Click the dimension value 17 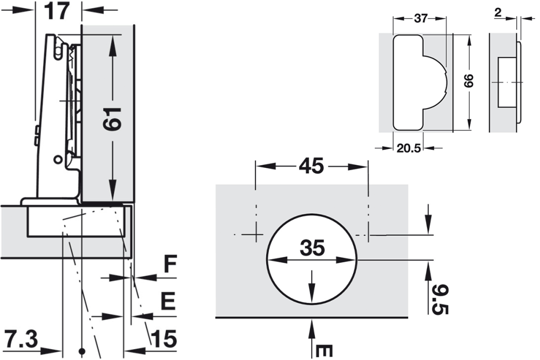pos(57,11)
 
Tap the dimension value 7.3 pos(21,340)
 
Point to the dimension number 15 pos(164,340)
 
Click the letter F pos(170,266)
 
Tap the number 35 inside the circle pos(312,248)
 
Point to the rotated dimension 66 pos(469,81)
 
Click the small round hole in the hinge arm pos(57,160)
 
